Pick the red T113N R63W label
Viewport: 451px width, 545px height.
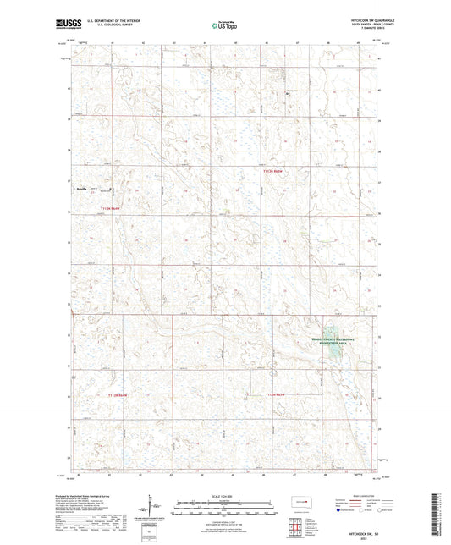pos(273,170)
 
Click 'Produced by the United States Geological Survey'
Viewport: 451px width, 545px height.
pos(92,494)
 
